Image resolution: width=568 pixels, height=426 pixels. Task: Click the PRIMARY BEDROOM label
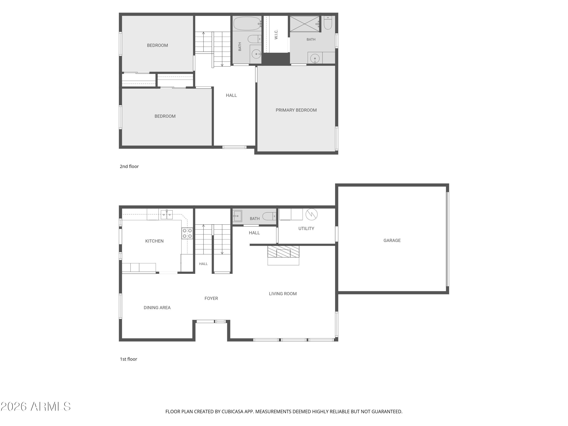pyautogui.click(x=296, y=110)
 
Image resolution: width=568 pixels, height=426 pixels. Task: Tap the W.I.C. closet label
pyautogui.click(x=276, y=35)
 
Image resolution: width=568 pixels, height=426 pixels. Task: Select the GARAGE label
pyautogui.click(x=392, y=240)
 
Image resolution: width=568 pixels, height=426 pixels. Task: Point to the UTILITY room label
pyautogui.click(x=306, y=229)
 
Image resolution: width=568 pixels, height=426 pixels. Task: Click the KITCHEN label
pyautogui.click(x=154, y=241)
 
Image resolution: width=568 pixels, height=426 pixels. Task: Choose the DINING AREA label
pyautogui.click(x=157, y=308)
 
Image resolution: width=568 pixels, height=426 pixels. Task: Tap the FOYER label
pyautogui.click(x=211, y=298)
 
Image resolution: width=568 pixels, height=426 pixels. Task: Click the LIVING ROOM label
pyautogui.click(x=283, y=294)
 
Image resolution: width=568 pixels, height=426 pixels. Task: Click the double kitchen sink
pyautogui.click(x=167, y=215)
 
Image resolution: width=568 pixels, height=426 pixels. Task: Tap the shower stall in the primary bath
pyautogui.click(x=304, y=24)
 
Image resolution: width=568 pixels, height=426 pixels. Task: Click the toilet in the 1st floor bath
pyautogui.click(x=269, y=216)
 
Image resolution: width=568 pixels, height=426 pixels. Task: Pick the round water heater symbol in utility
pyautogui.click(x=311, y=214)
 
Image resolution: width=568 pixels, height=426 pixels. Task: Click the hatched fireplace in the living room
pyautogui.click(x=283, y=252)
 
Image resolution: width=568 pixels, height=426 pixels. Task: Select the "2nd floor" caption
pyautogui.click(x=129, y=166)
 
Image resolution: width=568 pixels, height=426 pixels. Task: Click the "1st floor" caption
pyautogui.click(x=128, y=359)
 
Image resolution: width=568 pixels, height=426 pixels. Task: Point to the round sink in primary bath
pyautogui.click(x=315, y=59)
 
